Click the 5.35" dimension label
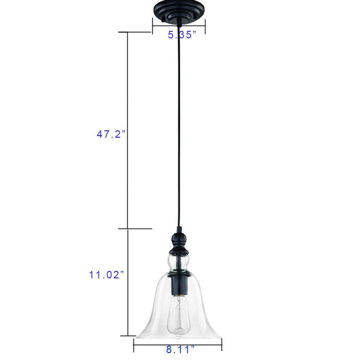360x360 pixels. tap(182, 35)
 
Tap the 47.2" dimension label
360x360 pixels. tap(111, 134)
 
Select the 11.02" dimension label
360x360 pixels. tap(106, 275)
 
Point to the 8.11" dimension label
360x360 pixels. tap(180, 349)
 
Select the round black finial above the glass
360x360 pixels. tap(179, 243)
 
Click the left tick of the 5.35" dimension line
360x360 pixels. tap(153, 26)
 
